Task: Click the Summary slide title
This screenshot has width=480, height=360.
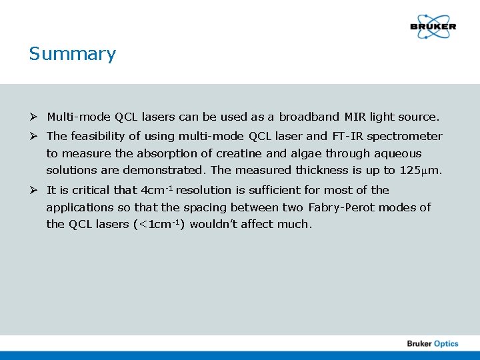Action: [72, 54]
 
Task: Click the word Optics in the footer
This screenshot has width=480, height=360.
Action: [446, 343]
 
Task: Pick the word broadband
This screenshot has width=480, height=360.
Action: [309, 117]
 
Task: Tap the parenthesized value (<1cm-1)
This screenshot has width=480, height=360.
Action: [159, 225]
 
